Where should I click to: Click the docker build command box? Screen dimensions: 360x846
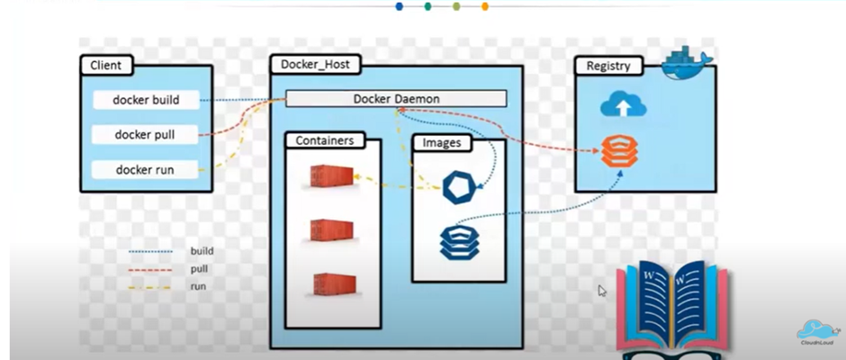[144, 100]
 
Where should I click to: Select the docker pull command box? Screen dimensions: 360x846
[144, 135]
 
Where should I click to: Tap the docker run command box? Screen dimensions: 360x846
[144, 169]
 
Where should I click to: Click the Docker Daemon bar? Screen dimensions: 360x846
[396, 98]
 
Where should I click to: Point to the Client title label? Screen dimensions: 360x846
[106, 65]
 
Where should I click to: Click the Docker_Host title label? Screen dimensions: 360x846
[316, 65]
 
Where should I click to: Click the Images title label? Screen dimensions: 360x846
[442, 143]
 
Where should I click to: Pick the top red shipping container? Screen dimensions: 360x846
[329, 176]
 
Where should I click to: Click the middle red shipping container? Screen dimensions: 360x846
[329, 231]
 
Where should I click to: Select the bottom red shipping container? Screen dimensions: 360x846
[329, 285]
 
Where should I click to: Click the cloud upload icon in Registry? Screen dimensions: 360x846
[620, 107]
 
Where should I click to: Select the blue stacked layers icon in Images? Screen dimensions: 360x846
[456, 241]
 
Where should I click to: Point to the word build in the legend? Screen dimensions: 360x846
[202, 251]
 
